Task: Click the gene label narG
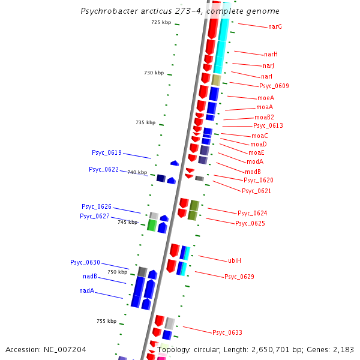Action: click(275, 27)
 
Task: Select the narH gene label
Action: click(271, 55)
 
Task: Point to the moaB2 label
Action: click(264, 118)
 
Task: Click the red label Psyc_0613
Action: click(268, 126)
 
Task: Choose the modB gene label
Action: click(253, 172)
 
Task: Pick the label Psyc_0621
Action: click(256, 191)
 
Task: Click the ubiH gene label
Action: click(234, 261)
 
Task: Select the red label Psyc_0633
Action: click(227, 332)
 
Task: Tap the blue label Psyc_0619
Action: click(107, 153)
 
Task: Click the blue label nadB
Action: click(90, 277)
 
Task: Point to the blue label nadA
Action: click(86, 291)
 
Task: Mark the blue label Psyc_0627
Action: click(95, 217)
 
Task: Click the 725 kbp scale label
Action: click(161, 23)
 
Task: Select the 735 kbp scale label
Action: click(145, 123)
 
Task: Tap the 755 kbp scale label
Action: click(106, 322)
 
